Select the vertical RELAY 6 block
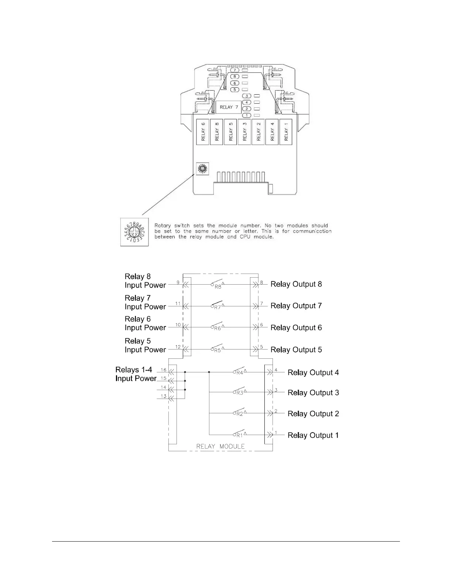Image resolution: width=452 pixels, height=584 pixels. coord(203,132)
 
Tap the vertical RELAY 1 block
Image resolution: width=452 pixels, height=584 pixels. coord(286,132)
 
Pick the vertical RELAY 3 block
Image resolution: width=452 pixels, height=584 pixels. coord(244,132)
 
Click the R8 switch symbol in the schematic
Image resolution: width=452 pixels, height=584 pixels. coord(218,285)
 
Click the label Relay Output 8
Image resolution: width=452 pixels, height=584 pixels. coord(296,284)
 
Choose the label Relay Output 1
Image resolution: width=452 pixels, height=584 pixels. coord(313,435)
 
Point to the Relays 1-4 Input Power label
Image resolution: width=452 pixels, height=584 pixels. coord(136,374)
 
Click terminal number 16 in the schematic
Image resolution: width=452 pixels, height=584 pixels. coord(164,370)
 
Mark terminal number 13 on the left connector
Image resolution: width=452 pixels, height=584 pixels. coord(164,396)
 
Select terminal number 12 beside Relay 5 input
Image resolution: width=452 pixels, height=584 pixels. coord(178,347)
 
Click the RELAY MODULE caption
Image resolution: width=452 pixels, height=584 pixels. coord(220,446)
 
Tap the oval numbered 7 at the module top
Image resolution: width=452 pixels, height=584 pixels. coord(234,70)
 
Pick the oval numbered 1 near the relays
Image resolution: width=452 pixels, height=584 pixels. coord(246,115)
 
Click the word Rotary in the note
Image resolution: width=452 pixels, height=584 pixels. coord(162,226)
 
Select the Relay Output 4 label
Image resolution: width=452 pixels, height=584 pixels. coord(313,373)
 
